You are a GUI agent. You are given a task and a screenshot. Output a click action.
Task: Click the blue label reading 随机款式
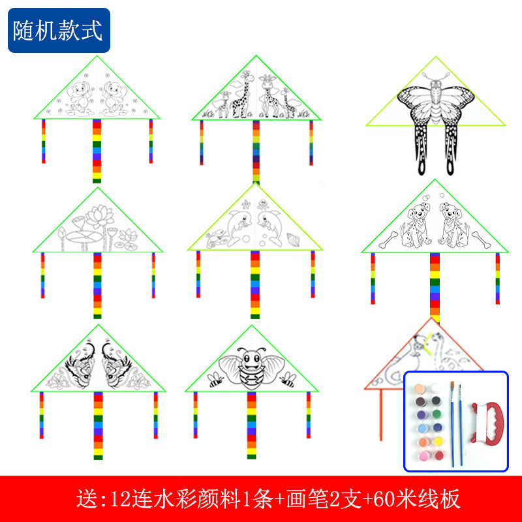pos(59,31)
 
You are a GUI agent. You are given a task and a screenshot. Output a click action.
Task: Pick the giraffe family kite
pos(256,98)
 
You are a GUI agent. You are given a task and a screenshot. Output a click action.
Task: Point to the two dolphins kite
pos(255,226)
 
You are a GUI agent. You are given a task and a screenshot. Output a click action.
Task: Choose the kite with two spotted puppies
pos(435,225)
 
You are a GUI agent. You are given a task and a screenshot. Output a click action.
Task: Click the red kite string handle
pos(484,422)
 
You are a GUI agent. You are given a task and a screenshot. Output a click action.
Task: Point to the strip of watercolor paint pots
pos(427,420)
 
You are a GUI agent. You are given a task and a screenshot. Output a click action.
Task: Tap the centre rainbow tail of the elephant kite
pos(97,150)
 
